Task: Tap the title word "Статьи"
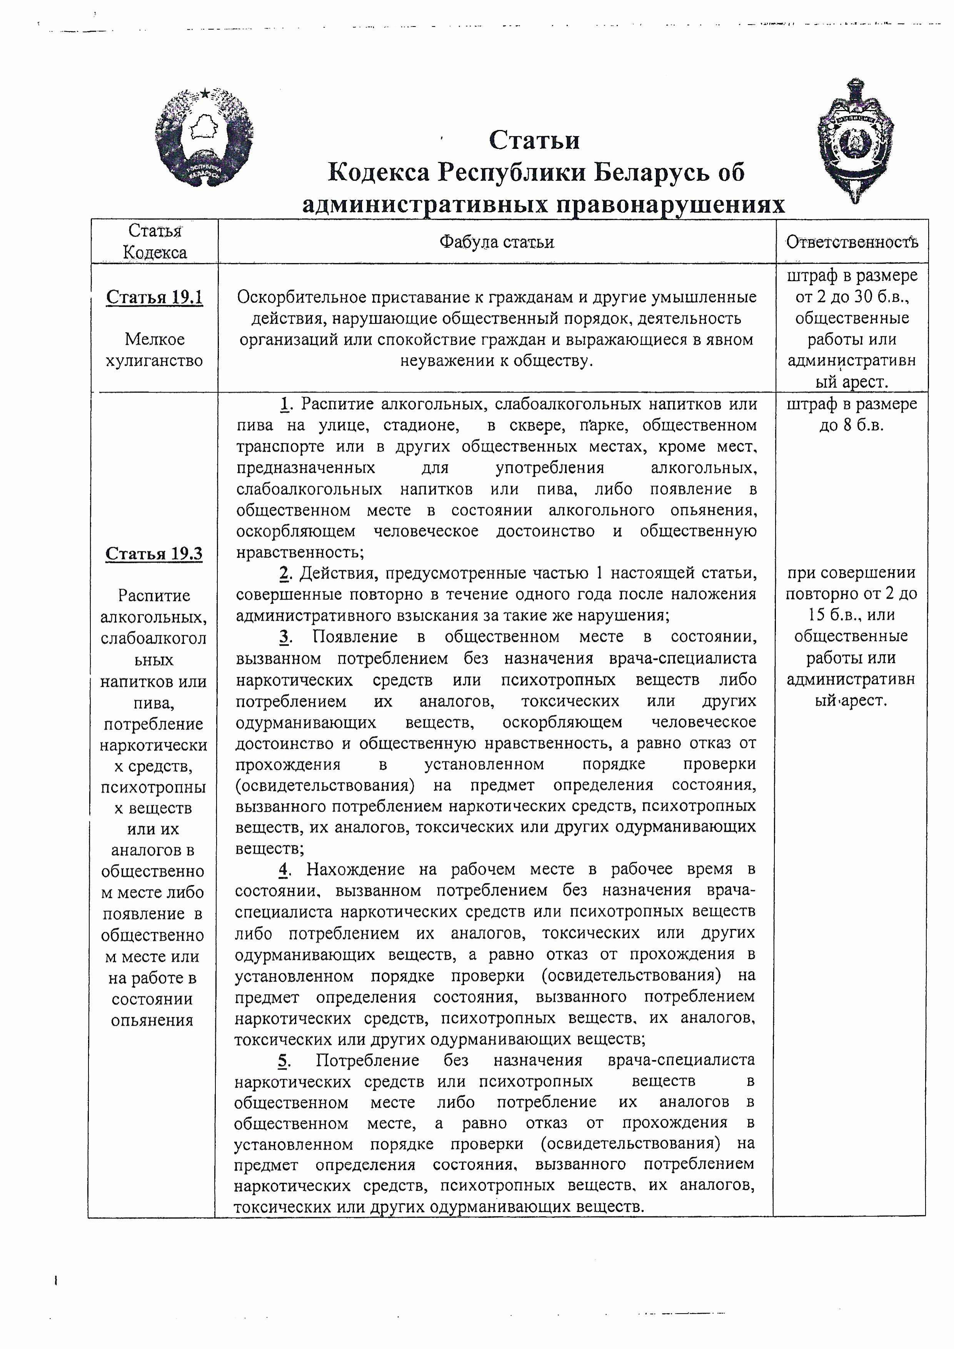point(534,140)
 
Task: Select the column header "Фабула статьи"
point(497,242)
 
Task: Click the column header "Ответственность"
point(852,242)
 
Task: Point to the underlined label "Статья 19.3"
point(154,553)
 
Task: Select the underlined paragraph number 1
point(285,404)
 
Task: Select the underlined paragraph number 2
point(285,573)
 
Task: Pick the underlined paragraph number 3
point(285,636)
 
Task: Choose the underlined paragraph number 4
point(285,869)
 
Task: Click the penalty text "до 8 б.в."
point(852,425)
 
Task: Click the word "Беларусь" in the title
point(651,172)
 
